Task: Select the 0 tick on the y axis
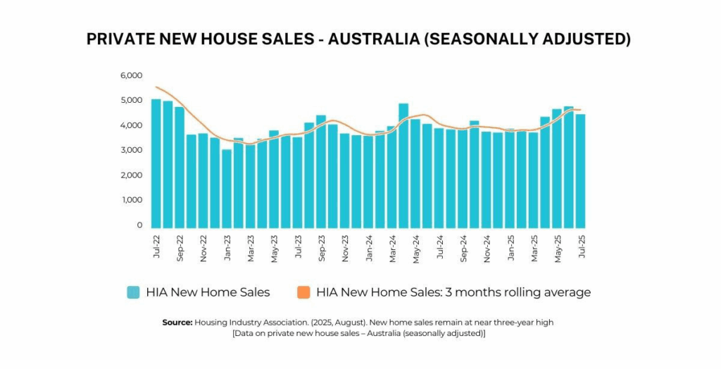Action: [139, 225]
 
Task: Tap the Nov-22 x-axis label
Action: [203, 249]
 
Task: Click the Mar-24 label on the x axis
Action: [392, 249]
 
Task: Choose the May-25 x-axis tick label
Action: [557, 249]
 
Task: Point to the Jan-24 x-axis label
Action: [368, 249]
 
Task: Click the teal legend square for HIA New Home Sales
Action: [133, 292]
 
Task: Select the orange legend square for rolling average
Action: [303, 292]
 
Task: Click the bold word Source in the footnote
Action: [177, 322]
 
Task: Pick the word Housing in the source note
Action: [211, 322]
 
